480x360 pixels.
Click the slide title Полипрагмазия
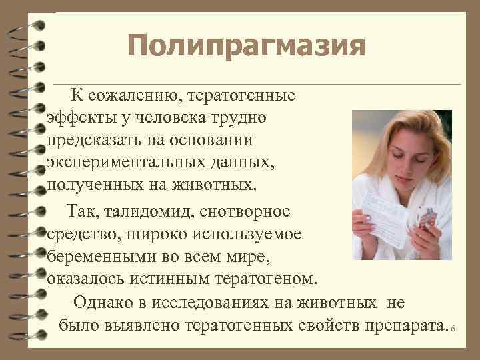247,47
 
